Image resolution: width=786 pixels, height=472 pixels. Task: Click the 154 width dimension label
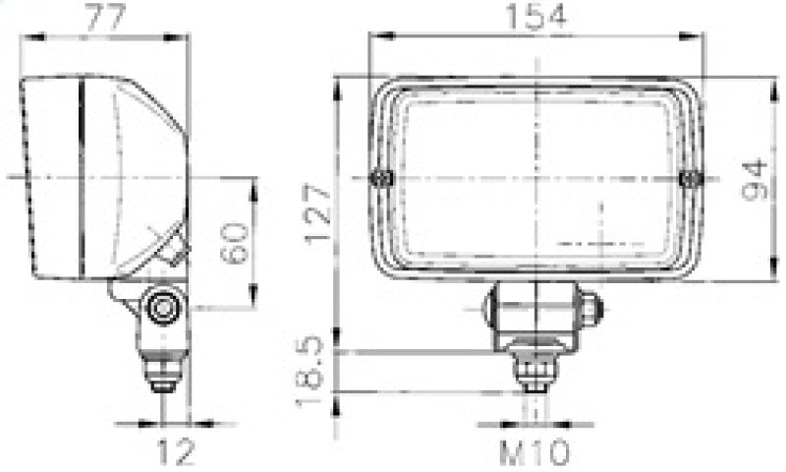click(536, 17)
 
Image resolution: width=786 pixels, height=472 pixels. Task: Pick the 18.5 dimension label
click(312, 375)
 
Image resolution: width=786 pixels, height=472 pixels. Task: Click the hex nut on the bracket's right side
click(589, 309)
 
